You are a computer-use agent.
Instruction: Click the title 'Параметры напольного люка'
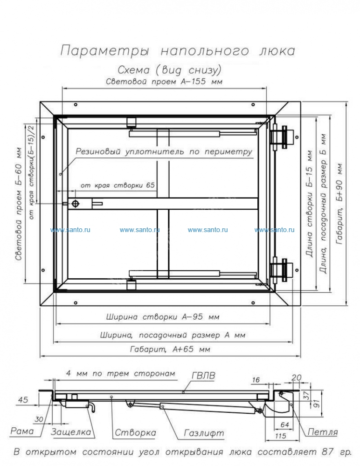click(x=178, y=50)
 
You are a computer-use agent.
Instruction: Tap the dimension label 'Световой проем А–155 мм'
click(x=164, y=82)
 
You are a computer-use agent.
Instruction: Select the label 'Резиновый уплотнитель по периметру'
click(x=164, y=151)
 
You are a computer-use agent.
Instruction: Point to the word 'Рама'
click(x=22, y=432)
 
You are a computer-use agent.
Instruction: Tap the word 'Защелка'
click(x=70, y=432)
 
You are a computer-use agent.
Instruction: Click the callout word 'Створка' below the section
click(x=135, y=433)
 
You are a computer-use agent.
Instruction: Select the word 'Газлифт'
click(x=204, y=433)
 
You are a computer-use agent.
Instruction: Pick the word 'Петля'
click(x=322, y=432)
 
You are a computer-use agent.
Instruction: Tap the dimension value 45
click(x=22, y=398)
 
